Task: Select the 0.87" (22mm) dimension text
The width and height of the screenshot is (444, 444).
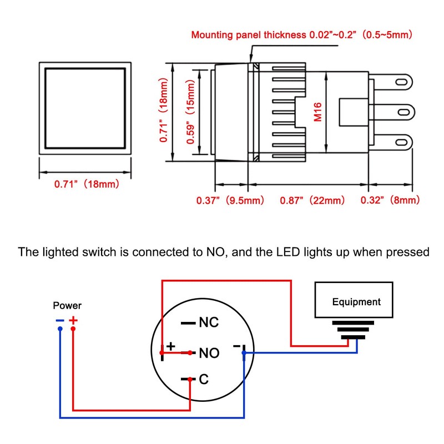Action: [304, 200]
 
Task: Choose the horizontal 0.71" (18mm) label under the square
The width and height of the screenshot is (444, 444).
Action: [87, 185]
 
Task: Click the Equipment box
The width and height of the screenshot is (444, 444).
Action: [356, 302]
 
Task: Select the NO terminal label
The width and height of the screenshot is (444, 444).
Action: [209, 353]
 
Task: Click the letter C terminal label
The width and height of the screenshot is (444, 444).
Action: [203, 380]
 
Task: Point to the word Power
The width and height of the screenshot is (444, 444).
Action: [67, 305]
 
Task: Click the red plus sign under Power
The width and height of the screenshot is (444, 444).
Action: [73, 320]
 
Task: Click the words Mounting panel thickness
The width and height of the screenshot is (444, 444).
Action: [249, 35]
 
